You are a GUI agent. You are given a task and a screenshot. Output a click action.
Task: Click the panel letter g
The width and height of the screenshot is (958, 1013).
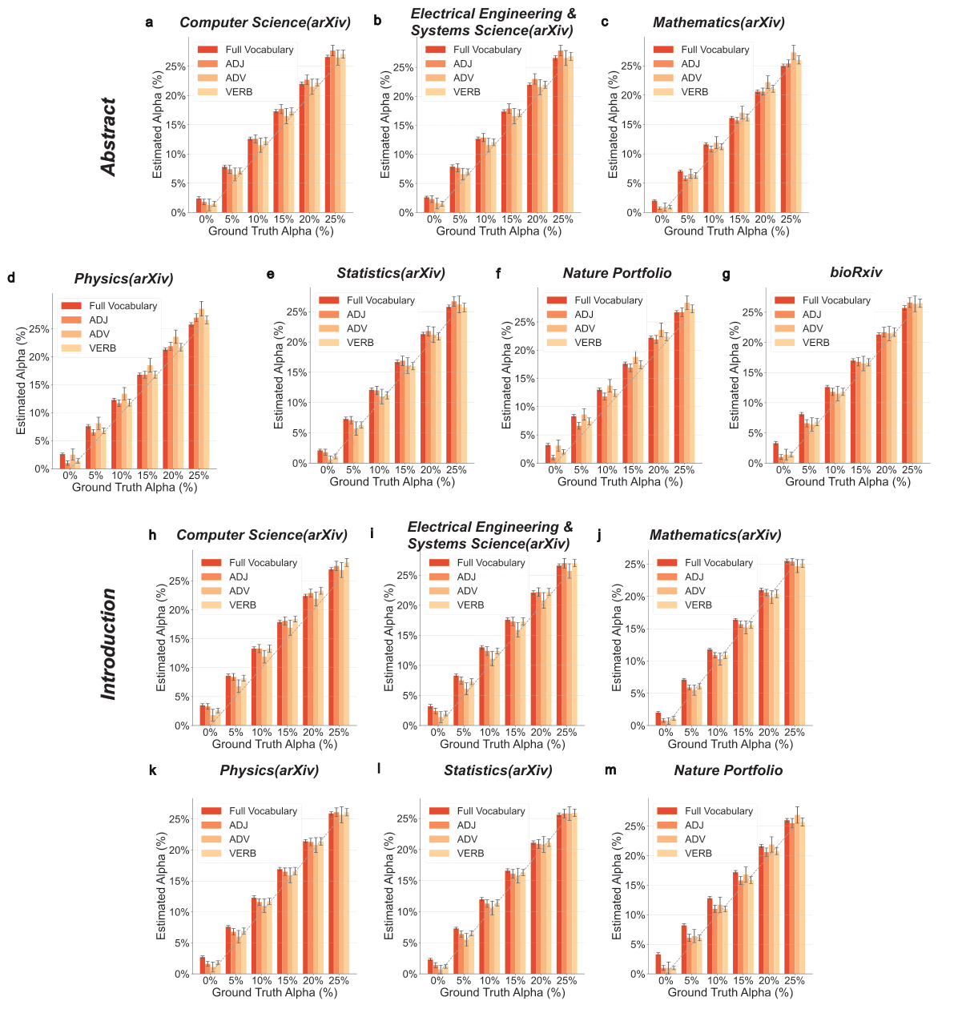click(726, 274)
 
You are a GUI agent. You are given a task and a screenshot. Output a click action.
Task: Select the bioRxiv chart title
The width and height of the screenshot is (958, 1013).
click(855, 273)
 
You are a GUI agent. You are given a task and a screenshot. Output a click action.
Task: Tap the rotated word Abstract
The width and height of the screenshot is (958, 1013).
click(109, 137)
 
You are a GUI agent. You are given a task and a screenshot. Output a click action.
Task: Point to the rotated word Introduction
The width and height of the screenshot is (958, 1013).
click(109, 644)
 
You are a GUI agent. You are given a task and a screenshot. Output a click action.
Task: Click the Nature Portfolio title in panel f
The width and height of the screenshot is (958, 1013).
click(617, 273)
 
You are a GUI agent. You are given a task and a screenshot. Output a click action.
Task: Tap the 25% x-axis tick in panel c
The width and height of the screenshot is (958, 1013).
click(791, 219)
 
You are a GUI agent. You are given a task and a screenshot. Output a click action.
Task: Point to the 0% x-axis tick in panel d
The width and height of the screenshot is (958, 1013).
click(70, 476)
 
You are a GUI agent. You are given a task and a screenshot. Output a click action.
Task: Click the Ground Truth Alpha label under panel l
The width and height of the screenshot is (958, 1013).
click(502, 993)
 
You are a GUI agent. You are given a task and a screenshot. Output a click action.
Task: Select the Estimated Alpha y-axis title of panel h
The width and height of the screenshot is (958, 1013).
click(162, 637)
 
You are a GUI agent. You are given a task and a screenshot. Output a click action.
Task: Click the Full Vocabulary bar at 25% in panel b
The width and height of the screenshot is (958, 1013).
click(555, 135)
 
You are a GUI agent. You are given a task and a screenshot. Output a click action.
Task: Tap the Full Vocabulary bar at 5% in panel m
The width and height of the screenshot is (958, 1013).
click(683, 950)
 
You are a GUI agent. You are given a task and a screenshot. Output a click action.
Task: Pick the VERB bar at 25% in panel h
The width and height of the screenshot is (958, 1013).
click(347, 644)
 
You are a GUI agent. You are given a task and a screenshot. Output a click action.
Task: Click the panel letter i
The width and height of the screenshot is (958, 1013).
click(372, 535)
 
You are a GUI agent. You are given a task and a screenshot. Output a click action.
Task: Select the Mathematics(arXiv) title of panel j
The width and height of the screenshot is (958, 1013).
click(715, 535)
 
